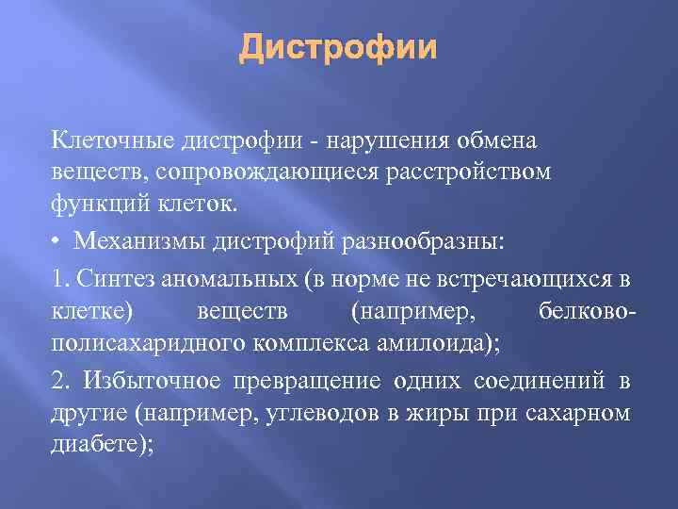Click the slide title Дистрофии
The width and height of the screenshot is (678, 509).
[338, 46]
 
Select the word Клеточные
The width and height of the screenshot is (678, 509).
[107, 141]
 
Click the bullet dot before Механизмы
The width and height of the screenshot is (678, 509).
[57, 239]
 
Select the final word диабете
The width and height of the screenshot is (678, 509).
[99, 443]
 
